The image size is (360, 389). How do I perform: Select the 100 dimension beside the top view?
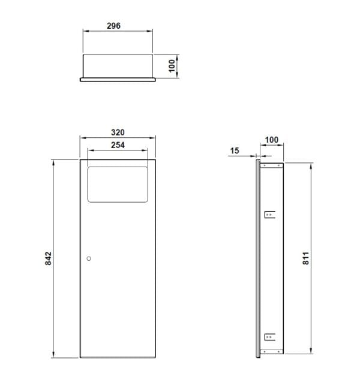point(172,65)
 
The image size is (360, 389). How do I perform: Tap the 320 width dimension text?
point(118,132)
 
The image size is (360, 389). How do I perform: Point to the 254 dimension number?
point(118,145)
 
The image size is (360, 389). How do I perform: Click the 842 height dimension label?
point(49,258)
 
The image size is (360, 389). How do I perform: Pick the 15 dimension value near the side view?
point(235,150)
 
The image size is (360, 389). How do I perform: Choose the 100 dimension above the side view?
point(272,140)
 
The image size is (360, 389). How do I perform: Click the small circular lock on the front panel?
point(89,258)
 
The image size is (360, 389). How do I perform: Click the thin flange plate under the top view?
point(118,79)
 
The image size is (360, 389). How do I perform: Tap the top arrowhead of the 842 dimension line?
point(54,162)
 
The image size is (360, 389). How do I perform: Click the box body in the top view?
point(118,65)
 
